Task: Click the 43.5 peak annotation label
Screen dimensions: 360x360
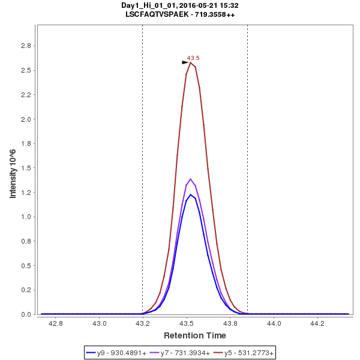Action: coord(193,58)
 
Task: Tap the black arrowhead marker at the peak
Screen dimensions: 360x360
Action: coord(185,62)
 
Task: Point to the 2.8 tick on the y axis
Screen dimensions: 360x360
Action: coord(26,46)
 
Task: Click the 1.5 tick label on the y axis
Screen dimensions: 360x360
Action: coord(26,168)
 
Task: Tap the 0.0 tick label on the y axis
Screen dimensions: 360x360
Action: coord(26,314)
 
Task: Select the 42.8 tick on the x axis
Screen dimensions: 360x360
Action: coord(56,323)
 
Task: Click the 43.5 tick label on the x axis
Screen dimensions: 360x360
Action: coord(187,323)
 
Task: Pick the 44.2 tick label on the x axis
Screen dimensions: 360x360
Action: coord(317,323)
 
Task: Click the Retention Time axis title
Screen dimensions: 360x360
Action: coord(195,335)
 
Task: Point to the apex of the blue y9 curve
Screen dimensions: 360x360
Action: coord(191,194)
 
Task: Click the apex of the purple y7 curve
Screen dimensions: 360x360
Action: coord(191,179)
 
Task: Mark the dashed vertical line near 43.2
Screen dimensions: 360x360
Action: coord(142,180)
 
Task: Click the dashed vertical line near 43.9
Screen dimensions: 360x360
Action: coord(247,180)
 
